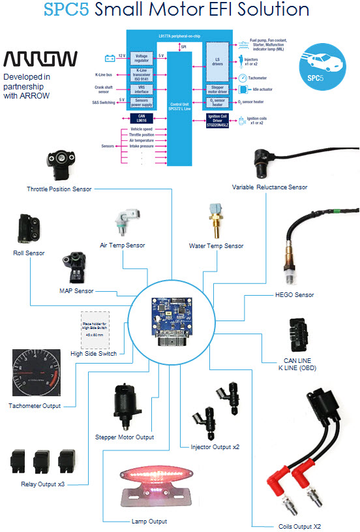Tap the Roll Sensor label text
click(29, 253)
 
